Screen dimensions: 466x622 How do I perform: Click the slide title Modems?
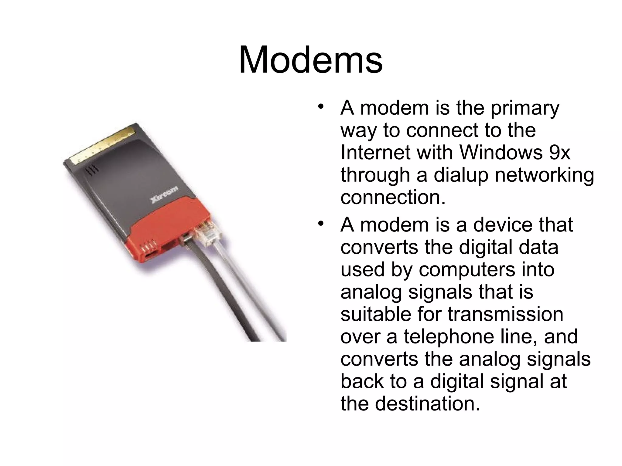(x=310, y=60)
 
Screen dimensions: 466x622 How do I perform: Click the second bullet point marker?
(x=320, y=224)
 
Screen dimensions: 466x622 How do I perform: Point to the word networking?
(x=544, y=175)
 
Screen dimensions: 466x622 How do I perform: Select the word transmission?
(x=505, y=314)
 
